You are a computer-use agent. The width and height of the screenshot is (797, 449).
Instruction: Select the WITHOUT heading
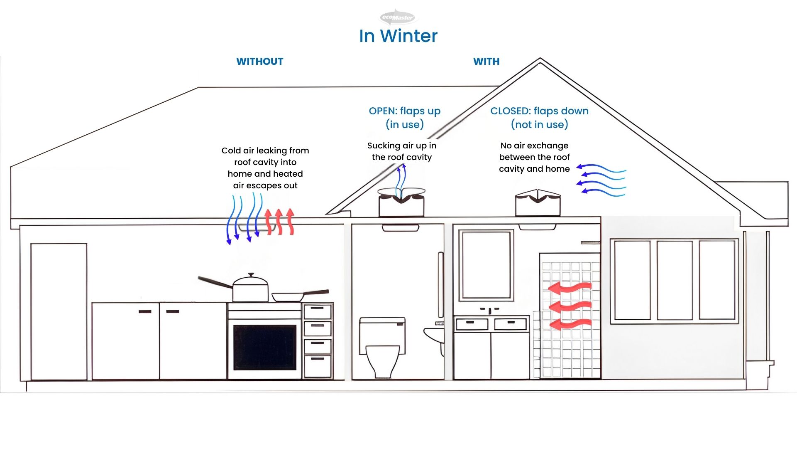coord(260,62)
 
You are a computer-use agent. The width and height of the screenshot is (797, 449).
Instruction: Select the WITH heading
coord(486,62)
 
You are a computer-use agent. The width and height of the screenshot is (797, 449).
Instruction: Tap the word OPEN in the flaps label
coord(381,111)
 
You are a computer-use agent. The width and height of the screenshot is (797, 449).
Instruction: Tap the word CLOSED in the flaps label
coord(510,111)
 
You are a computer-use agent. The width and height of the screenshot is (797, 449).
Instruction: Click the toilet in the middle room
coord(382,358)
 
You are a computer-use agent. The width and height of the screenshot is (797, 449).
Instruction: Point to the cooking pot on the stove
coord(250,288)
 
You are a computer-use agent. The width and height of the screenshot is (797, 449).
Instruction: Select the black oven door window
coord(265,347)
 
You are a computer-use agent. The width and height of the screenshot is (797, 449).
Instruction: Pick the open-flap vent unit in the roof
coord(401,203)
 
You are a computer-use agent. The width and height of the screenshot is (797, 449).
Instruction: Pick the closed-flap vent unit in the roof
coord(538,203)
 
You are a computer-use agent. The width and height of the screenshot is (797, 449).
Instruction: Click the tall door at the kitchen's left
coord(59,311)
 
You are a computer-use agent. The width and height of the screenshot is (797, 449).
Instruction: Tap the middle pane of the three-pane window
coord(675,280)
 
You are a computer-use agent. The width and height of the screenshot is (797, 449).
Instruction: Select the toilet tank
coord(382,330)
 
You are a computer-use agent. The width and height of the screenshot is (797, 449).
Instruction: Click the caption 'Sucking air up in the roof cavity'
coord(401,151)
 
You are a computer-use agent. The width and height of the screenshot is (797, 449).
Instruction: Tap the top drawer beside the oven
coord(318,311)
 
